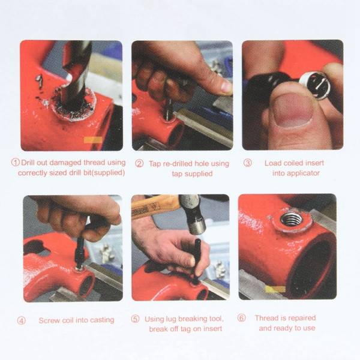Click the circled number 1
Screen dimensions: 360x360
tap(16, 163)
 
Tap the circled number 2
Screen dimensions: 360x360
tap(139, 163)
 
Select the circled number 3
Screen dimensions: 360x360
tap(248, 163)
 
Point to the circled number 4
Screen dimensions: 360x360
tap(22, 320)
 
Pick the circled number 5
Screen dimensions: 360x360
tap(135, 319)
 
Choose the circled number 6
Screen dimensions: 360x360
tap(242, 318)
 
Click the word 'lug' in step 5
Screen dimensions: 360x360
tap(171, 319)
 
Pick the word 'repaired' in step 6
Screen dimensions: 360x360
tap(302, 318)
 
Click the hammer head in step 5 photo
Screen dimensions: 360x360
tap(193, 214)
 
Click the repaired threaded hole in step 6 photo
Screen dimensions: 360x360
tap(291, 219)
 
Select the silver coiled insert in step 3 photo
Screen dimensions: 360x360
tap(316, 85)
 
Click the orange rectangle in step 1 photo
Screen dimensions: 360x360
tap(93, 140)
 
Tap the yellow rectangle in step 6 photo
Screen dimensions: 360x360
tap(275, 289)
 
